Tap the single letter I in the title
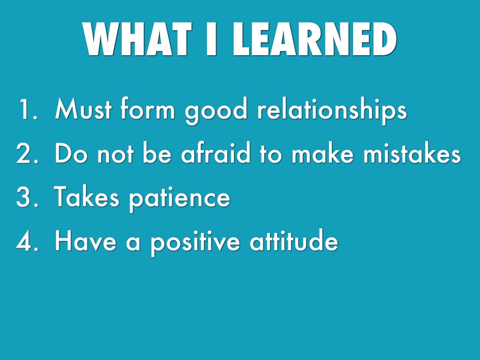[211, 39]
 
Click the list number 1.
[28, 109]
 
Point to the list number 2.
[27, 153]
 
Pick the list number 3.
[27, 197]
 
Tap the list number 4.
[27, 241]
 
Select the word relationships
[332, 111]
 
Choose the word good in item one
[216, 111]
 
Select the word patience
[180, 199]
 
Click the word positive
[195, 243]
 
